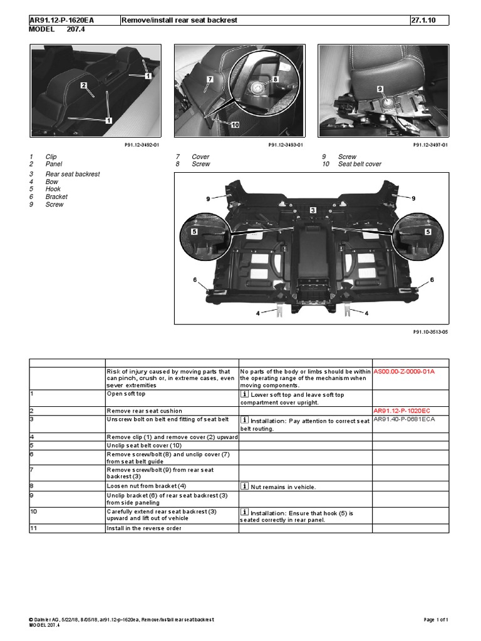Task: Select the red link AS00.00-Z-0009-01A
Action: point(403,371)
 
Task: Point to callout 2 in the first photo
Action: point(82,85)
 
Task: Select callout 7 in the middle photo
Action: point(210,80)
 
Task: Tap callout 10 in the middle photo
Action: point(235,125)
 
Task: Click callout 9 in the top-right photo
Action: point(380,90)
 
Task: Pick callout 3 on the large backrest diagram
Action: point(312,211)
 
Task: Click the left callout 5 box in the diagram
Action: point(195,232)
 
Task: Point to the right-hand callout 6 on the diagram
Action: point(432,279)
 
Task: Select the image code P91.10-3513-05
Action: point(430,332)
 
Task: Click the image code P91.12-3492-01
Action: point(142,145)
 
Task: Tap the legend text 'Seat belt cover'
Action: point(359,164)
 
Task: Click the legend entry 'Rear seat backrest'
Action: point(73,174)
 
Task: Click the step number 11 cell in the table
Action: point(33,528)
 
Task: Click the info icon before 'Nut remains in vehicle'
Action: point(244,486)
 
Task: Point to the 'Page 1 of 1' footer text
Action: point(436,620)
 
